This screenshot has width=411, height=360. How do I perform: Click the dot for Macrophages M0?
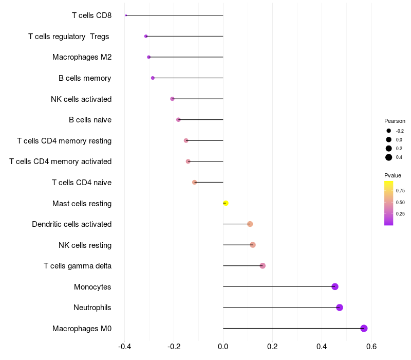(x=364, y=328)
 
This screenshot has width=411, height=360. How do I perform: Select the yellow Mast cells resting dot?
(x=226, y=203)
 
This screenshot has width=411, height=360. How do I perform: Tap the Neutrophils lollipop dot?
(x=340, y=307)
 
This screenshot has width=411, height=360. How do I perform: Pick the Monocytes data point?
(x=335, y=286)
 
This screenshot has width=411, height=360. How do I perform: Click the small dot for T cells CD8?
(x=126, y=15)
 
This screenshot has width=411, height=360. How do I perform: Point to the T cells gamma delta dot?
(x=263, y=266)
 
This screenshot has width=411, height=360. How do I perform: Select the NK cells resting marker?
(x=253, y=245)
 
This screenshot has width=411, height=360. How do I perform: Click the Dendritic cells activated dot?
(x=250, y=224)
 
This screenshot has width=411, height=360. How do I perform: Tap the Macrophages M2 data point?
(x=148, y=57)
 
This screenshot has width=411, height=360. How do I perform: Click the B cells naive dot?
(x=178, y=120)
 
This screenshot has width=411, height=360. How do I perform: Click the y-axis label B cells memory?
(x=85, y=78)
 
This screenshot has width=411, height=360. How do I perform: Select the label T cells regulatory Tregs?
(x=69, y=37)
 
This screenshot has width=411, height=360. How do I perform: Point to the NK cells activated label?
(x=81, y=99)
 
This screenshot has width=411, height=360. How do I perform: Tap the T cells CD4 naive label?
(x=82, y=183)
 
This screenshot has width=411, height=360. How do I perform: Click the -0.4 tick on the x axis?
(x=124, y=347)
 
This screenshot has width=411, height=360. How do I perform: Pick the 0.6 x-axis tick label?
(x=371, y=347)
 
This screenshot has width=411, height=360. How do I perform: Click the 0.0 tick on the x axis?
(x=223, y=347)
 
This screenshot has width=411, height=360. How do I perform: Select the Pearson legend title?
(x=395, y=121)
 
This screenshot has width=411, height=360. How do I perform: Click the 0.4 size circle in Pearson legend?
(x=389, y=157)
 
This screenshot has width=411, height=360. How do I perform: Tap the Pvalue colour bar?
(x=389, y=203)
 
